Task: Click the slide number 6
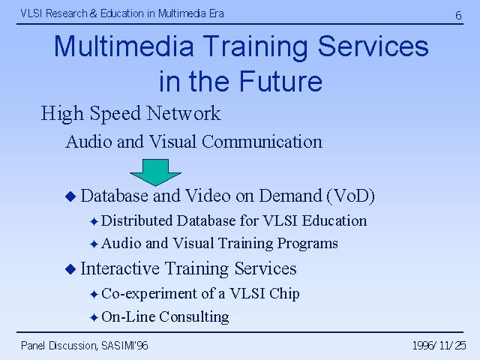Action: (x=458, y=15)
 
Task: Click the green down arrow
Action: (x=155, y=172)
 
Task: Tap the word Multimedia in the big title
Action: (x=124, y=46)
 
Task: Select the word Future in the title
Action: (x=280, y=82)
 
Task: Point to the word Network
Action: (x=184, y=113)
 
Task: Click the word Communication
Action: (x=262, y=142)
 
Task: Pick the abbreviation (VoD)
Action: (x=351, y=196)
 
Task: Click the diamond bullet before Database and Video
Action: (x=70, y=196)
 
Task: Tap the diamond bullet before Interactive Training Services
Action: (x=70, y=269)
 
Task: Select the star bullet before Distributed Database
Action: (x=94, y=221)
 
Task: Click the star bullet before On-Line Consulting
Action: (x=94, y=317)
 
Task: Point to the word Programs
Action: (x=307, y=244)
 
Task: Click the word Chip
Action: (x=284, y=294)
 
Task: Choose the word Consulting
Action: (x=194, y=316)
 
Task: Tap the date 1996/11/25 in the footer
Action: (x=439, y=346)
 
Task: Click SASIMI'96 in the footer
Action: (x=124, y=346)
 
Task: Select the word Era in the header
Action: (x=217, y=13)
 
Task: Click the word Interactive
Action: (x=120, y=268)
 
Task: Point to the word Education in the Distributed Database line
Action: (x=334, y=220)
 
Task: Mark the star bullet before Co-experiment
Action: (x=94, y=295)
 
